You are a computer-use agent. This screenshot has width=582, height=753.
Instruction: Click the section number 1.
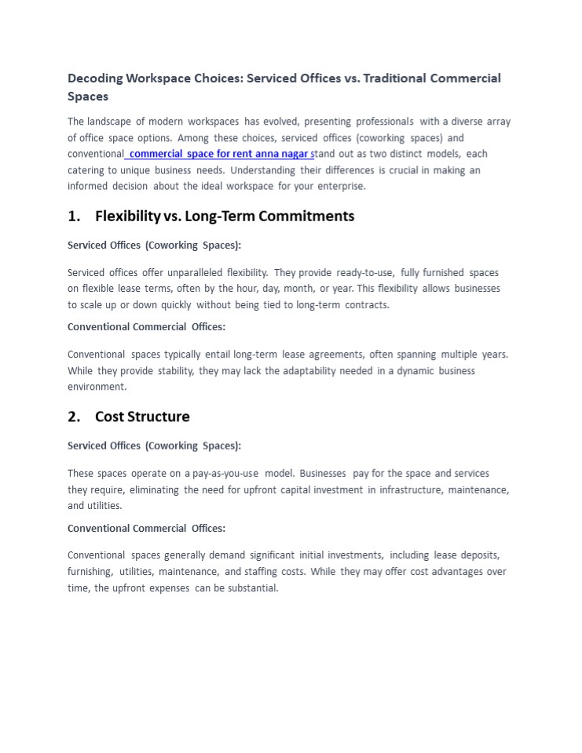click(x=75, y=216)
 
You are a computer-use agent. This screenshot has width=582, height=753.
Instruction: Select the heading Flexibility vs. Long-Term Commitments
click(x=225, y=216)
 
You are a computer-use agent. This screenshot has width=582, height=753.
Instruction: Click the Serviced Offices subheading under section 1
click(x=154, y=246)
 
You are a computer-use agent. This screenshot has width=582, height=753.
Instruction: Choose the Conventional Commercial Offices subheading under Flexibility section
click(x=146, y=327)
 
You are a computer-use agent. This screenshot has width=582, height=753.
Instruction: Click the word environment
click(x=97, y=387)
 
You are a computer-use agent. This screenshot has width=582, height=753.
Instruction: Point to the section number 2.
click(x=75, y=417)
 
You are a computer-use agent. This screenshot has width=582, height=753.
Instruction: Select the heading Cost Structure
click(x=142, y=417)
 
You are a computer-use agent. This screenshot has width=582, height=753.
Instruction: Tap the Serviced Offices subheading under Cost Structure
click(x=154, y=446)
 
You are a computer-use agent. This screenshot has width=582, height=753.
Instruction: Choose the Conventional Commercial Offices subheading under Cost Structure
click(x=146, y=529)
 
